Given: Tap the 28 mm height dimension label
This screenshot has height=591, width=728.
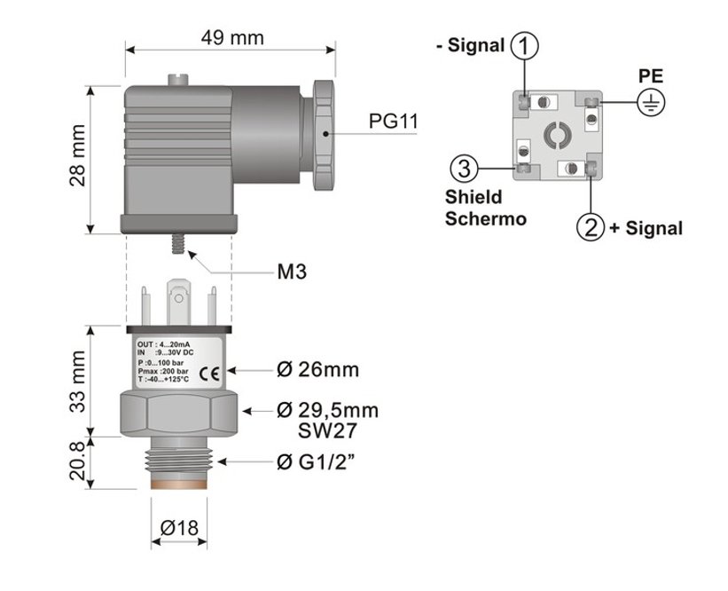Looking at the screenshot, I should click(x=78, y=162).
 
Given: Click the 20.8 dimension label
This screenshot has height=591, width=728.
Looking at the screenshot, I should click(x=78, y=461).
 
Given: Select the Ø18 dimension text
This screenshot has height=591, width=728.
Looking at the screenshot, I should click(x=178, y=528).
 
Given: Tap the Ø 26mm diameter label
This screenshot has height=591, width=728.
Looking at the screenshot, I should click(x=317, y=369).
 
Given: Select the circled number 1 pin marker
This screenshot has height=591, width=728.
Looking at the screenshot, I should click(x=526, y=44).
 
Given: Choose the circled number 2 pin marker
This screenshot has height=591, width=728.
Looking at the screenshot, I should click(x=591, y=227).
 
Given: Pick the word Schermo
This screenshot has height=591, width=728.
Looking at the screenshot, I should click(x=485, y=217).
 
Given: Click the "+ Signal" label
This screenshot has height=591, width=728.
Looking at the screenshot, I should click(x=646, y=228).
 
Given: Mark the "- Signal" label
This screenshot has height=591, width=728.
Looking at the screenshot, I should click(x=472, y=45).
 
